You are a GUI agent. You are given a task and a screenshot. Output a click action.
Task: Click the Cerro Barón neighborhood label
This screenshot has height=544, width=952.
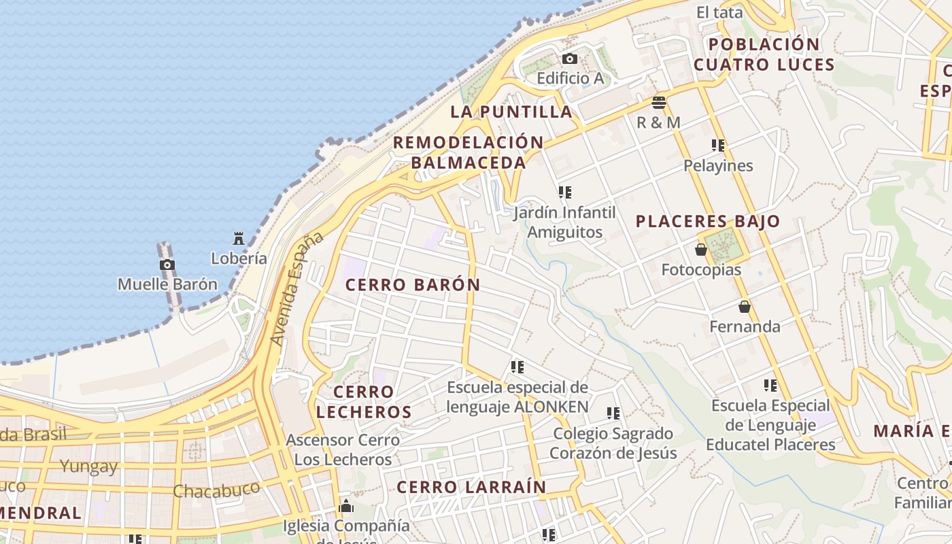413,285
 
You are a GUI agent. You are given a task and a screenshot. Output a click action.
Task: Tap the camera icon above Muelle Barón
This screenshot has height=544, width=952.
167,265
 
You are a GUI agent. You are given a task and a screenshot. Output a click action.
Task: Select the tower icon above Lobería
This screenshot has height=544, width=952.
239,239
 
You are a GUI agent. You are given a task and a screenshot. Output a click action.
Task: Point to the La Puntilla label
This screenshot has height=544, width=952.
511,112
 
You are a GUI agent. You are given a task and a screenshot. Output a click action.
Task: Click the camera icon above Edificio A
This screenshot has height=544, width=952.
570,59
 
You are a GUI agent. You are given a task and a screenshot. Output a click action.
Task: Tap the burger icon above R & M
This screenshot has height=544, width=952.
658,103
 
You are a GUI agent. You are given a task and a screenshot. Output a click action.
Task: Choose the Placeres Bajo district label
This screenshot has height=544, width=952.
708,222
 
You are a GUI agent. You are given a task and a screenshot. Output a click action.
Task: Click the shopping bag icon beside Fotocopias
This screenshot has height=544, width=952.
701,250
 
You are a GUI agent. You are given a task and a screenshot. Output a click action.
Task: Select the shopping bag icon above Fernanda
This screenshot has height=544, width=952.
745,307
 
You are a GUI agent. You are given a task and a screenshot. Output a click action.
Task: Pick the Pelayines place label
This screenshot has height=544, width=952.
718,166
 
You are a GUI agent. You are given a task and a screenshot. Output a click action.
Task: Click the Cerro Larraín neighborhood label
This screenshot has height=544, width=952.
471,488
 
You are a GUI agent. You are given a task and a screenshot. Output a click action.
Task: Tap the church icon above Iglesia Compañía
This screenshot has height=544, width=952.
346,507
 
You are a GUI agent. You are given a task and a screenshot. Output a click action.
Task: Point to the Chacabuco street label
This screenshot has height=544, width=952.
216,490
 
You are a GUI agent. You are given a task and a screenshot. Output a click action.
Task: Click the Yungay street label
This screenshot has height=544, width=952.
88,466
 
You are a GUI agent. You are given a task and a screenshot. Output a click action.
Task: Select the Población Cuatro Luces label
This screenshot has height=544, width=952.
764,55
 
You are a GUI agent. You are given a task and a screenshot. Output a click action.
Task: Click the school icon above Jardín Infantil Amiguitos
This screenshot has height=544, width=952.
564,192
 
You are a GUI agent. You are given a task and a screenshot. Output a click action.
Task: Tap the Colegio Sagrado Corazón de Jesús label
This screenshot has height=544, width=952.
613,443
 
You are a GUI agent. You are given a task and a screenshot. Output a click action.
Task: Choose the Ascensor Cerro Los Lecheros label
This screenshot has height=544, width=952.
343,449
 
